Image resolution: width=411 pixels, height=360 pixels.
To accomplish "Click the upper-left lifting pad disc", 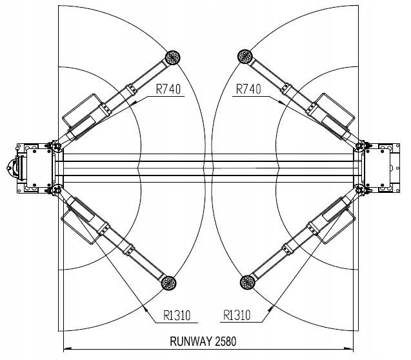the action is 173,57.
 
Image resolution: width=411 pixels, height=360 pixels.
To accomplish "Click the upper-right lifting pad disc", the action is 245,56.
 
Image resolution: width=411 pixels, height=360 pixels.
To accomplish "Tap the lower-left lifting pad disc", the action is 169,283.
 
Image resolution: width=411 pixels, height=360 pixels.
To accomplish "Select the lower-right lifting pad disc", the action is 248,282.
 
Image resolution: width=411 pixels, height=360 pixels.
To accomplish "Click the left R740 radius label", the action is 168,89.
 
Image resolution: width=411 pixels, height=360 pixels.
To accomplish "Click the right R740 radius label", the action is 248,89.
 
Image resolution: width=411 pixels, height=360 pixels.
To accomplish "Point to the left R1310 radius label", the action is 177,315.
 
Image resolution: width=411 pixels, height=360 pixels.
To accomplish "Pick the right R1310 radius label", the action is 237,315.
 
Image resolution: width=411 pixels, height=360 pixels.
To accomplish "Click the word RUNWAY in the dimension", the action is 191,341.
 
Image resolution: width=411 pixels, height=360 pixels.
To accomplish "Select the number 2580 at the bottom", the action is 226,341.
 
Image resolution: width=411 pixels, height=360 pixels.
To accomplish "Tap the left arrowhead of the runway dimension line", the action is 67,349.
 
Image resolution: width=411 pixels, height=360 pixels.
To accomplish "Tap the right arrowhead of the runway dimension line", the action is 349,349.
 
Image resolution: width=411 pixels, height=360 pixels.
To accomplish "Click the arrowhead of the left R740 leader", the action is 134,103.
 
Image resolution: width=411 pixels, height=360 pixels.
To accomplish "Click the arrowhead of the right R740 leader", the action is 282,103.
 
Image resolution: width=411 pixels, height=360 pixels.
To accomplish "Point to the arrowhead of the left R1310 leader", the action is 146,308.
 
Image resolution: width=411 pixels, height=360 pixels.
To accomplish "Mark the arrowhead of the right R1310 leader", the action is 270,308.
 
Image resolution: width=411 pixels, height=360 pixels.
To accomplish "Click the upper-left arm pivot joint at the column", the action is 57,146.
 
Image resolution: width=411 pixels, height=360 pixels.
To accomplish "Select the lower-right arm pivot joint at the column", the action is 359,190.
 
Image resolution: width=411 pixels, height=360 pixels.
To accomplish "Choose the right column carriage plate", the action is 378,168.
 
